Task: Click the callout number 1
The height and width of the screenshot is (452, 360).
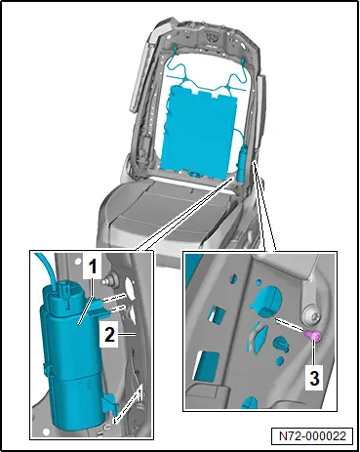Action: coord(93,267)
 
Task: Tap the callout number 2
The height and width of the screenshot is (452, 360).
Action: coord(109,334)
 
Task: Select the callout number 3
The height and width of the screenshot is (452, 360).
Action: coord(314,378)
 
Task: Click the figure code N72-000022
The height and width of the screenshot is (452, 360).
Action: coord(312,435)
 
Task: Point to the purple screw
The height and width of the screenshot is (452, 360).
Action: coord(313,336)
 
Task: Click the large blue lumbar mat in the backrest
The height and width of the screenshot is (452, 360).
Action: coord(198,129)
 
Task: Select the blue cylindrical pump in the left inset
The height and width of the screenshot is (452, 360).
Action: coord(74,353)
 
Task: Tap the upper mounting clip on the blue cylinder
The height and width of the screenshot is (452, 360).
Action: coord(97,307)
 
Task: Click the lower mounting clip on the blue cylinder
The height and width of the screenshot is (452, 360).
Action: coord(108,402)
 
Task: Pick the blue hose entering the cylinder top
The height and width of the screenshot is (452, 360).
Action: coord(47,267)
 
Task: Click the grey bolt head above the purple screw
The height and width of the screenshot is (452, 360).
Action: coord(311,314)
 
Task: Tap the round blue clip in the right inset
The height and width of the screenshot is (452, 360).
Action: coord(266,302)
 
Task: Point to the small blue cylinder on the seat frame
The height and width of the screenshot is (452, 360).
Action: coord(243,163)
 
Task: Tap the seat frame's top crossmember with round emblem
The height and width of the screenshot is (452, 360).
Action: coord(208,36)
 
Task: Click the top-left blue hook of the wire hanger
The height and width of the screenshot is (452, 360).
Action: coord(175,49)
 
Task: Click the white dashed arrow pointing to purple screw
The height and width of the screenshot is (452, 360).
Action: coord(290,325)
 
